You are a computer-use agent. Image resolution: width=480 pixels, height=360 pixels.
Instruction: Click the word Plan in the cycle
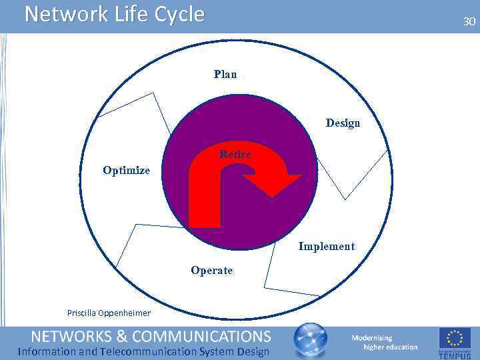[225, 74]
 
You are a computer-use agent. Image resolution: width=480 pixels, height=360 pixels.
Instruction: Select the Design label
[343, 123]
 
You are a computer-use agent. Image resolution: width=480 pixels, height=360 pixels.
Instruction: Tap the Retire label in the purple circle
[235, 155]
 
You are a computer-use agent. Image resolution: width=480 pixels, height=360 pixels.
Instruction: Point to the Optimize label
[126, 170]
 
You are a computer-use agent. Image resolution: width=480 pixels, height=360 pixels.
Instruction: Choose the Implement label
[326, 246]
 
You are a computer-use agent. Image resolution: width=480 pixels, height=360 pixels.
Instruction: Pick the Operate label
[211, 270]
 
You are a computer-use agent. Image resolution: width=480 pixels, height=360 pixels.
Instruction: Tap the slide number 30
[469, 22]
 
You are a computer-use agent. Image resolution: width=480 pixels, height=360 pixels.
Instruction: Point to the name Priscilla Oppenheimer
[109, 313]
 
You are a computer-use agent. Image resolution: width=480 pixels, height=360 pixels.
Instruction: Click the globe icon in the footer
[311, 340]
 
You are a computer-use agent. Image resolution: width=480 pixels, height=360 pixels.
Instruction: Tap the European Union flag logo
[455, 338]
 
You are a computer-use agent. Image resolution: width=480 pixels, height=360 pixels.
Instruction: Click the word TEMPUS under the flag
[455, 355]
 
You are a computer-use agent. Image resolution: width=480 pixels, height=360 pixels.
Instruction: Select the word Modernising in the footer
[372, 337]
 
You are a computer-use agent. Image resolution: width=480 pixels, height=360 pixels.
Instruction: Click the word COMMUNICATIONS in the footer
[205, 335]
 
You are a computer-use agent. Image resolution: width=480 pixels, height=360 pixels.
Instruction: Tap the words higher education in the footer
[390, 347]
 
